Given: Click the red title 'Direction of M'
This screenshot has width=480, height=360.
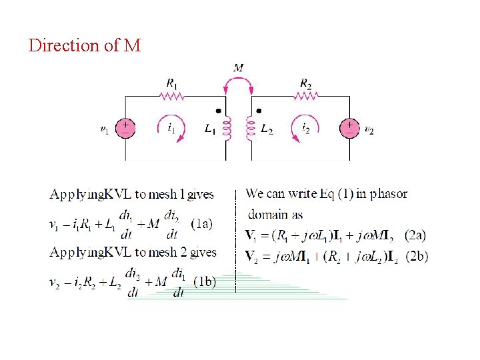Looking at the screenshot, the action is pyautogui.click(x=85, y=46).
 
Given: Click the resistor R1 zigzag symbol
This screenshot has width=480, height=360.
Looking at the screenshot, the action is pyautogui.click(x=171, y=96).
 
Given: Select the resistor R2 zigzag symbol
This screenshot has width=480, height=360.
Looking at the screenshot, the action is pyautogui.click(x=306, y=96).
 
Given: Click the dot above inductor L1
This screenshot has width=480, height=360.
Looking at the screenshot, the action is pyautogui.click(x=219, y=111).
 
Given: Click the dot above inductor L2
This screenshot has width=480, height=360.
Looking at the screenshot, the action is pyautogui.click(x=259, y=111).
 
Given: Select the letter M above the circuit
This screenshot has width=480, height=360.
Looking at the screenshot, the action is pyautogui.click(x=239, y=67).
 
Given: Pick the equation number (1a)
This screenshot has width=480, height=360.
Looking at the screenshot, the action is pyautogui.click(x=202, y=223).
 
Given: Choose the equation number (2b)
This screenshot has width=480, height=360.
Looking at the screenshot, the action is pyautogui.click(x=417, y=257).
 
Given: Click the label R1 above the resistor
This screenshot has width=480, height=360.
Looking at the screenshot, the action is pyautogui.click(x=171, y=83).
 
